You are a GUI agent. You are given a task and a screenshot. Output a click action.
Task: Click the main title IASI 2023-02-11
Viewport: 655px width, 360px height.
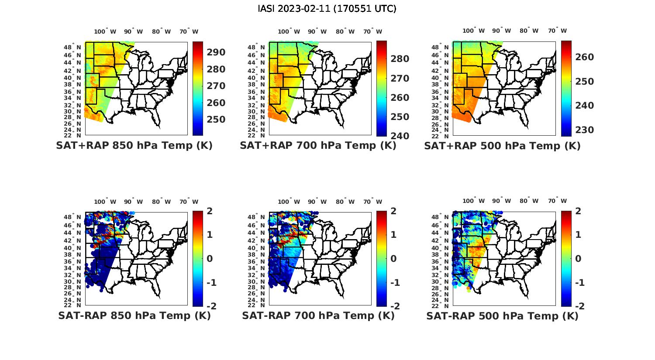(x=327, y=8)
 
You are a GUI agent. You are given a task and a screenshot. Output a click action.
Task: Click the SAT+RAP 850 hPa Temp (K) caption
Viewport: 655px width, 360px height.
(x=134, y=146)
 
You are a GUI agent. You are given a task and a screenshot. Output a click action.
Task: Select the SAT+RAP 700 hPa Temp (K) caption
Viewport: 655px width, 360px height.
(x=318, y=146)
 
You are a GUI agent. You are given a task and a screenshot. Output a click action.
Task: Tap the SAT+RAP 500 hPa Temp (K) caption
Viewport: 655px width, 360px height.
(x=502, y=146)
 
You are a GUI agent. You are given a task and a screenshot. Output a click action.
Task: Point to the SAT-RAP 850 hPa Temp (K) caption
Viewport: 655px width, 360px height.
(x=134, y=315)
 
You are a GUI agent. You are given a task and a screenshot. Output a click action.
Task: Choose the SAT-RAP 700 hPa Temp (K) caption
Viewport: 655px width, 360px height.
(x=318, y=315)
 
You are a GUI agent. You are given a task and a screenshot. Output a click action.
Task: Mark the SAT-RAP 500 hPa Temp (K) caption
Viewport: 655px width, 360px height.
(x=502, y=316)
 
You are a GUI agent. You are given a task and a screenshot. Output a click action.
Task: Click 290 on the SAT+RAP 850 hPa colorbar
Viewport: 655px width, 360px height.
(x=216, y=52)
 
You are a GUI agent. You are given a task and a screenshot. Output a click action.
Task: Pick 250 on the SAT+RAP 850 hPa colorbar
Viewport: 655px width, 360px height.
(x=216, y=120)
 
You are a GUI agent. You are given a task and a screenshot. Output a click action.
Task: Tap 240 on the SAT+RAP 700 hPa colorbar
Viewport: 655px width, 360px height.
(x=400, y=136)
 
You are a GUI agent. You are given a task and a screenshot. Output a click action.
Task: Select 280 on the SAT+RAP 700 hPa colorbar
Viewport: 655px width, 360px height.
(x=400, y=59)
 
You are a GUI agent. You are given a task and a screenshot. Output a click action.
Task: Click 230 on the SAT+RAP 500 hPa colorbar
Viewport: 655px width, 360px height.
(x=584, y=130)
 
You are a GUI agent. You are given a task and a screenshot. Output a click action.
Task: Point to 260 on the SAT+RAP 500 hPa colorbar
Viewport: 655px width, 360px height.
(x=584, y=57)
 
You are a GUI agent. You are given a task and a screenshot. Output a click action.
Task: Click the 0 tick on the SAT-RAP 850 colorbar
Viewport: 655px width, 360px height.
(x=210, y=259)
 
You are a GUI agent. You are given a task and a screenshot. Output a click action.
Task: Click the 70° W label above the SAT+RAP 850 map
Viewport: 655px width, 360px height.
(x=189, y=31)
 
